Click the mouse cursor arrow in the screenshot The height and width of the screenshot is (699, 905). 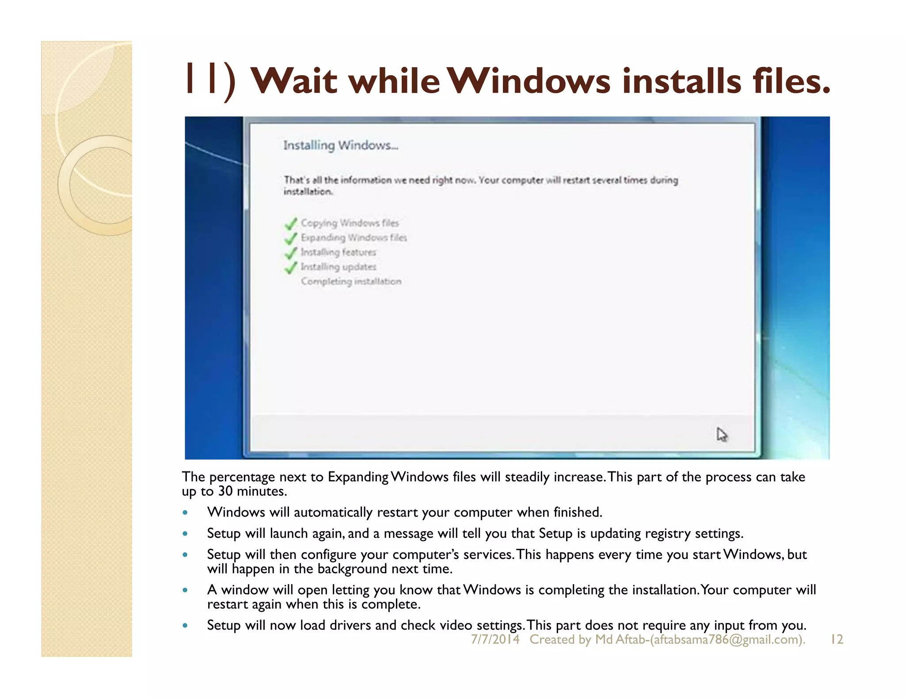click(x=722, y=435)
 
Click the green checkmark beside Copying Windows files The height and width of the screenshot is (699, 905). click(x=291, y=224)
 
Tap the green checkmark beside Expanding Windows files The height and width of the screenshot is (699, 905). click(x=291, y=238)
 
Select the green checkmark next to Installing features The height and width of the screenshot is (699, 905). click(x=291, y=253)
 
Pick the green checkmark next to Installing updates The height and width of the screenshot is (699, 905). click(x=291, y=267)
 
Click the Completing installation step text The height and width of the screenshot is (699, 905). click(x=351, y=281)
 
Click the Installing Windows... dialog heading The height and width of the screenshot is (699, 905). click(x=341, y=145)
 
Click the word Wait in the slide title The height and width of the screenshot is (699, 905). click(x=293, y=81)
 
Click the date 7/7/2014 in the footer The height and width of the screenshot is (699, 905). click(x=495, y=639)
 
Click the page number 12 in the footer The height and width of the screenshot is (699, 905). click(x=837, y=639)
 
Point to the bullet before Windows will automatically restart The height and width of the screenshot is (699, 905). click(x=185, y=513)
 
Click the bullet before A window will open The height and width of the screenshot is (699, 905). click(x=185, y=590)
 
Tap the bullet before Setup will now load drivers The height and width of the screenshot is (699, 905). click(x=185, y=626)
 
